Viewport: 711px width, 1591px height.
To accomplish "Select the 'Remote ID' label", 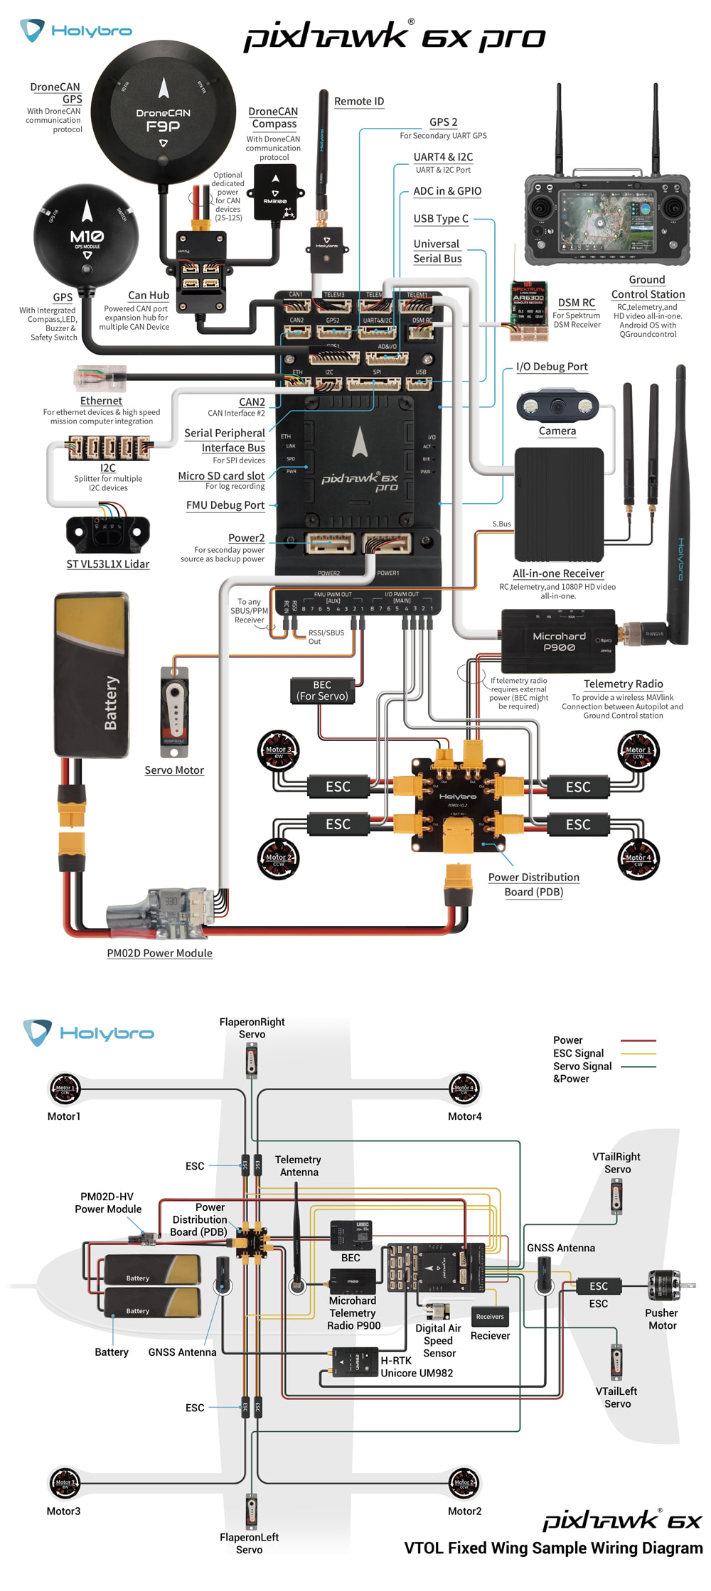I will click(x=359, y=102).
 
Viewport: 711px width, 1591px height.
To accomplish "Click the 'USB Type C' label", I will click(x=441, y=219).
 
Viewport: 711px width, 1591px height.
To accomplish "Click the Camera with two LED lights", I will click(x=557, y=406).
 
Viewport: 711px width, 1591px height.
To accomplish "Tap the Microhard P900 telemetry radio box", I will click(x=559, y=641).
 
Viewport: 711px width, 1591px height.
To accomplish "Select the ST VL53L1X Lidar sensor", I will click(x=107, y=534).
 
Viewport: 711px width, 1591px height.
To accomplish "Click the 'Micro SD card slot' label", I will click(x=221, y=476).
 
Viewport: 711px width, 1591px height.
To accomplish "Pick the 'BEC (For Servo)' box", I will click(x=322, y=691).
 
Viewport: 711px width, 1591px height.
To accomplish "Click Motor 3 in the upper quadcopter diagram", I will click(x=278, y=750).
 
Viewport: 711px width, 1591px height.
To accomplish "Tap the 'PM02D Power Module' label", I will click(x=159, y=954).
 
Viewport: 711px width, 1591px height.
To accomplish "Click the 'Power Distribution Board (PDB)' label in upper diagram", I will click(x=533, y=885).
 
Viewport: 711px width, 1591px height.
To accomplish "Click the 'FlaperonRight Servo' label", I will click(x=252, y=1028).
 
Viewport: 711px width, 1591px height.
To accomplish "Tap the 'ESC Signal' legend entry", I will click(x=579, y=1053).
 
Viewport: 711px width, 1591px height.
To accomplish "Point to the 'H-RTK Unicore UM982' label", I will click(x=417, y=1366).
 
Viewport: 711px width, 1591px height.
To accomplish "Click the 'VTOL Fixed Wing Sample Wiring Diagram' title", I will click(x=553, y=1548).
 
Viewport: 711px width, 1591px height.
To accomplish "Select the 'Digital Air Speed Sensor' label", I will click(x=438, y=1340).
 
